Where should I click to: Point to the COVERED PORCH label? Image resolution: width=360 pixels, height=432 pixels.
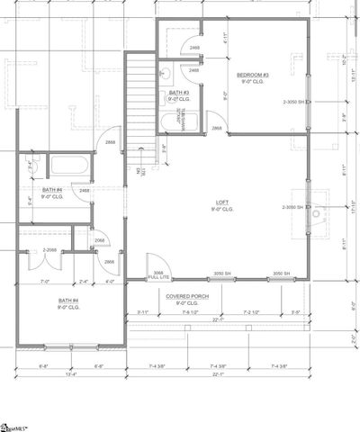click(188, 297)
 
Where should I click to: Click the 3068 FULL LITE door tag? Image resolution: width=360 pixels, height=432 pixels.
click(158, 274)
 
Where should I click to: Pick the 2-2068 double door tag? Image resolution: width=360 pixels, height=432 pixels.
click(50, 250)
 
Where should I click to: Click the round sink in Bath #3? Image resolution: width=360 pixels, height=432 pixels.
click(167, 76)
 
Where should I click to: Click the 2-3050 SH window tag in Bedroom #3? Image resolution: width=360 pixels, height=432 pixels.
click(294, 102)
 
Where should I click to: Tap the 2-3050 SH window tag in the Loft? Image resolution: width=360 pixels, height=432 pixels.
click(294, 208)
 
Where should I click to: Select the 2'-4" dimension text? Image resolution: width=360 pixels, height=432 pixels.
click(85, 282)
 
